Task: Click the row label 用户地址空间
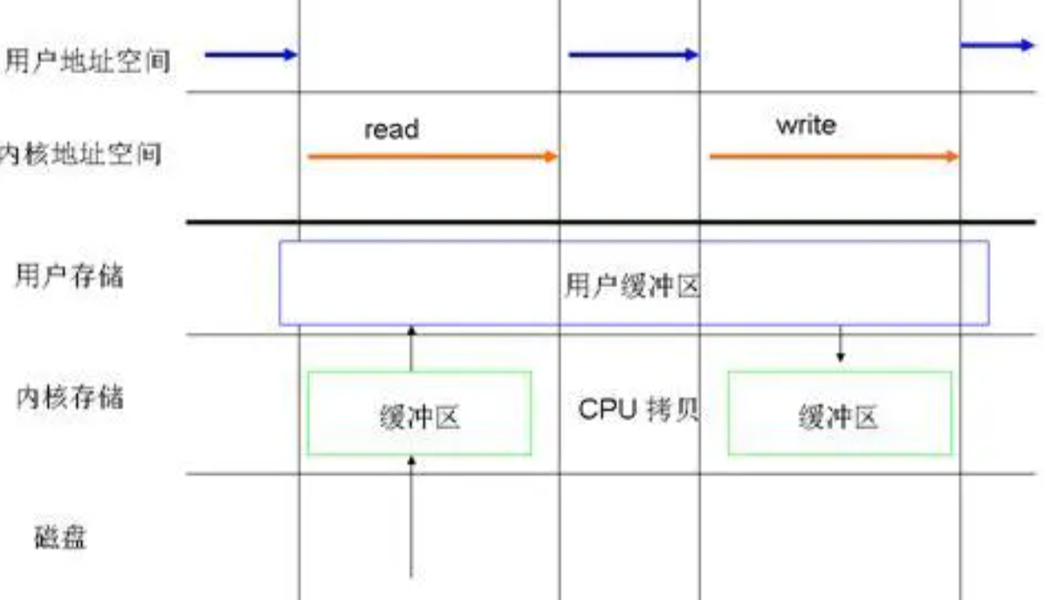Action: tap(87, 62)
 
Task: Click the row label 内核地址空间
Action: tap(80, 155)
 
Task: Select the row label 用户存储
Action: tap(69, 276)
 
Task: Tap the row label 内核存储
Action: tap(69, 397)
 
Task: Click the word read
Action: tap(391, 130)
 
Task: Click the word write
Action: tap(805, 126)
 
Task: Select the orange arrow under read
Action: tap(432, 157)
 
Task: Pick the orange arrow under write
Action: tap(834, 157)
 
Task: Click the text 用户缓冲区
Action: tap(632, 286)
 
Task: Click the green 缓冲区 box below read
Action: tap(419, 414)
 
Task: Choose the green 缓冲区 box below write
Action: tap(840, 414)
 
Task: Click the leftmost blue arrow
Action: tap(251, 55)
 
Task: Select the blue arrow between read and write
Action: tap(633, 55)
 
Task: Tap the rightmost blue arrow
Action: tap(996, 45)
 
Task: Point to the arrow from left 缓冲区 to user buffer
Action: tap(412, 348)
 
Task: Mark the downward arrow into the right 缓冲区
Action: tap(840, 344)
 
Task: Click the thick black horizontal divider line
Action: tap(611, 222)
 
